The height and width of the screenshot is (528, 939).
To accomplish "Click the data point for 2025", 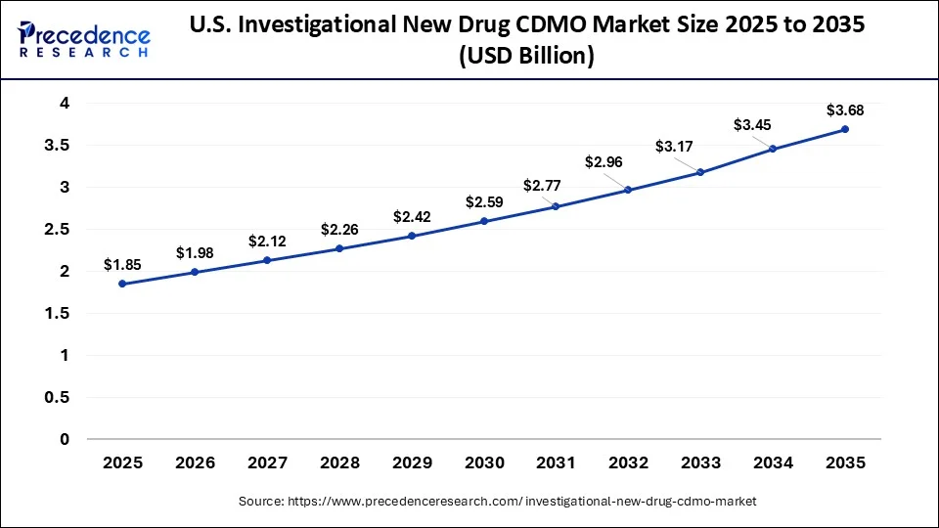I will click(x=122, y=284).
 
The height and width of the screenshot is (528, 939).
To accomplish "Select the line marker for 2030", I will click(x=483, y=221).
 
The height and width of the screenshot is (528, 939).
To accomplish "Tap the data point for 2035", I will click(x=844, y=129).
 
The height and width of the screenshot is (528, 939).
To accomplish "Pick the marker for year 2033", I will click(x=700, y=172).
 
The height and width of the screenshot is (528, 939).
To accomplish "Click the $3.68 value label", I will click(x=844, y=110).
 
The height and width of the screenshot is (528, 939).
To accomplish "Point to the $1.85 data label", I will click(x=122, y=264).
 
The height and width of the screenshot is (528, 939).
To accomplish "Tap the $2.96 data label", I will click(x=603, y=161).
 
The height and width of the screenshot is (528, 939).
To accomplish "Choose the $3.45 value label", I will click(x=752, y=124).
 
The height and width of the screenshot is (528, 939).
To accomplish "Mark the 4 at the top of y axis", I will click(x=64, y=103).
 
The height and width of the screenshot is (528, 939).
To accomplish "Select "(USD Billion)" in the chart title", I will click(x=527, y=57).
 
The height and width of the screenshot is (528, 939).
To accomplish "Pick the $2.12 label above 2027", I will click(x=267, y=241).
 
